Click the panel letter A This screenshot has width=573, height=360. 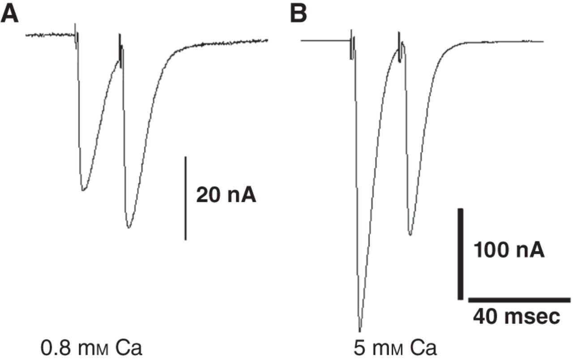point(10,13)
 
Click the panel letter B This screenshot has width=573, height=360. point(299,13)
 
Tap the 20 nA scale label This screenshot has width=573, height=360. point(226,195)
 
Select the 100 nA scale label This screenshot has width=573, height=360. point(509,250)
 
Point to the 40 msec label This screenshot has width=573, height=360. point(517,317)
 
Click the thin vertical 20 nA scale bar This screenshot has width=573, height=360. point(186,198)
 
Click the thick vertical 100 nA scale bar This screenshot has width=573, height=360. point(461,254)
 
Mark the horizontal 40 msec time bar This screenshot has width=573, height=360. point(520,300)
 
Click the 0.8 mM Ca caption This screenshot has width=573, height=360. point(91,348)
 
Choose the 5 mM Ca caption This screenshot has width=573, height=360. point(395,348)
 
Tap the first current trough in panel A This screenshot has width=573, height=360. point(83,189)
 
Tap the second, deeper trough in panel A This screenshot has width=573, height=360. point(128,227)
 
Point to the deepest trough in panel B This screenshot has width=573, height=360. point(360,330)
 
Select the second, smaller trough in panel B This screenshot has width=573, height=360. point(411,234)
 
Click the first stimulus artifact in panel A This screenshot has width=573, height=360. point(76,36)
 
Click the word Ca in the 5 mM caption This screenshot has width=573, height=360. point(423,348)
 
